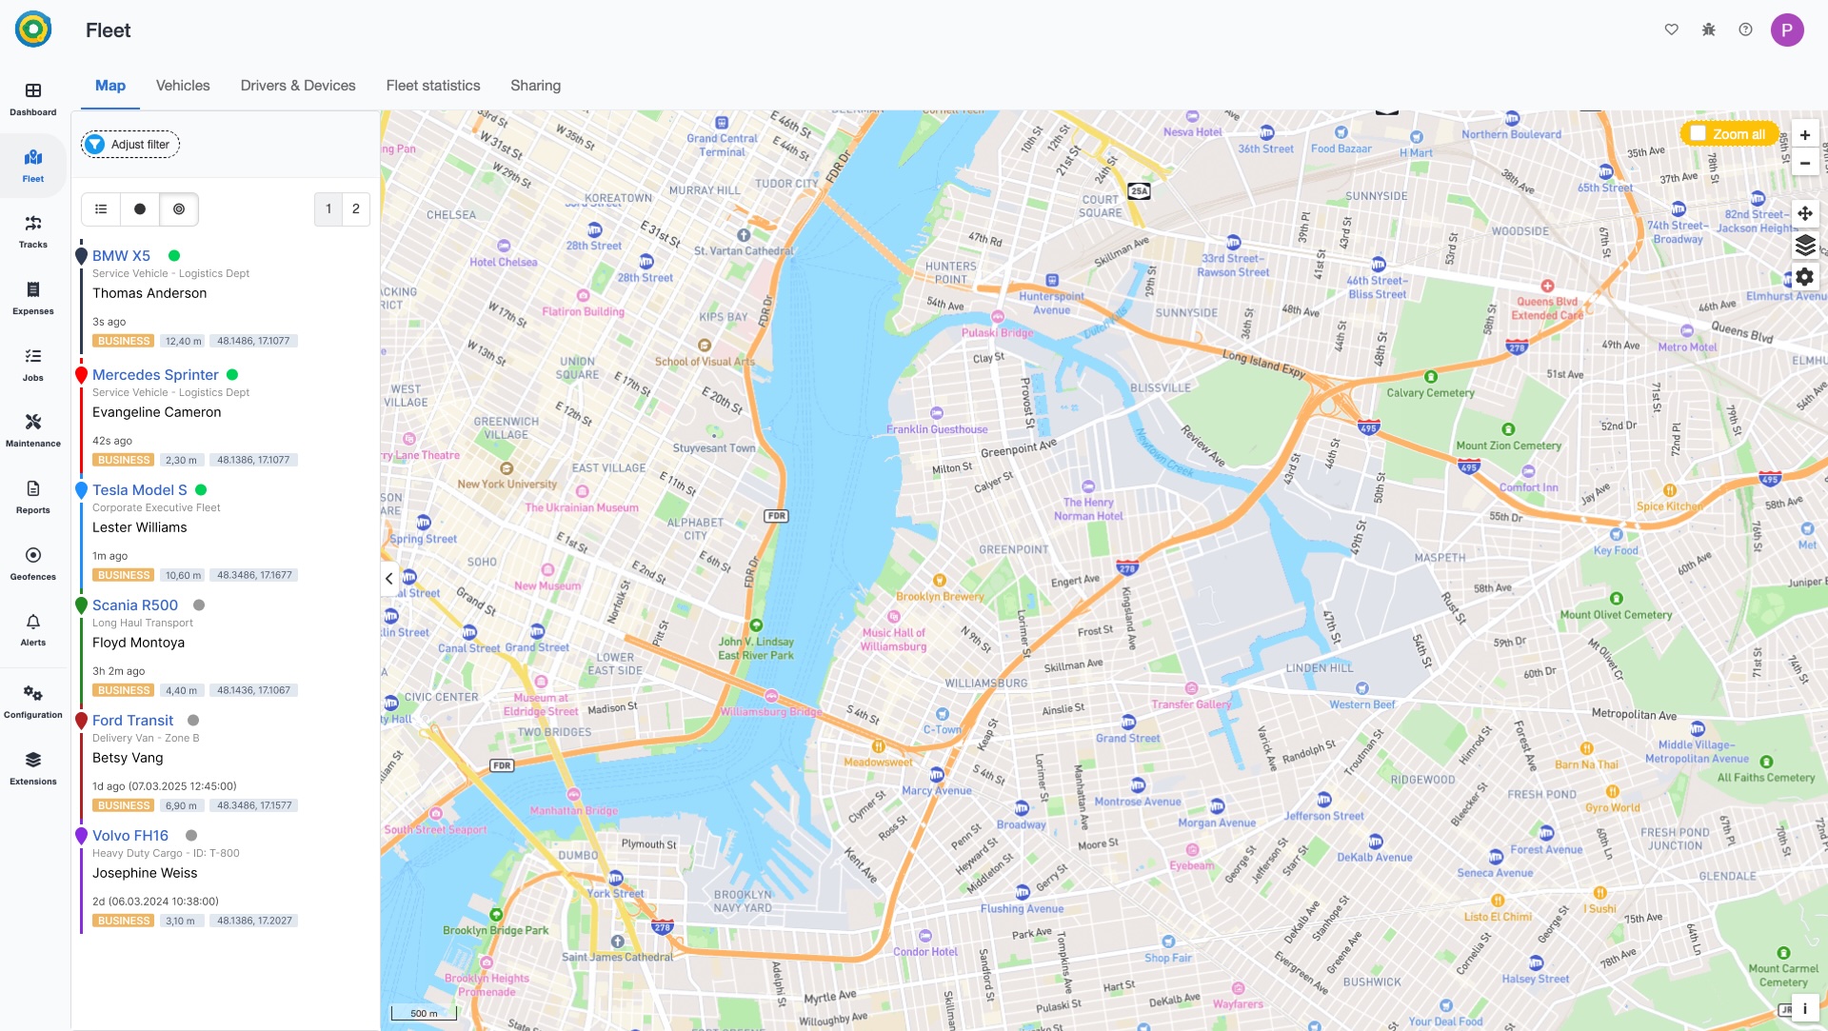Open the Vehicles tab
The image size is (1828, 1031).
183,86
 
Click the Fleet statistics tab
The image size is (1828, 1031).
433,86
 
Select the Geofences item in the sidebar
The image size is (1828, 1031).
33,563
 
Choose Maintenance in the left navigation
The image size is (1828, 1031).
33,429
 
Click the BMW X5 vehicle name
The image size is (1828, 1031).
121,256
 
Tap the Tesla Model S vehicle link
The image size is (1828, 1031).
140,490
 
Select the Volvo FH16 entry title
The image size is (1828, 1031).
130,836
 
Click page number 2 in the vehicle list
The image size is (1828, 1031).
356,209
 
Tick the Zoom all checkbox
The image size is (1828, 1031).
1699,134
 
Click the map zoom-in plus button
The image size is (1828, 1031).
1805,135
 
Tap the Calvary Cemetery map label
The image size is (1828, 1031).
1430,392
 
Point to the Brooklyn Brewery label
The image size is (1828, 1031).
940,596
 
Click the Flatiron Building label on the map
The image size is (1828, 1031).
583,311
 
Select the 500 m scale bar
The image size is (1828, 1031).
424,1013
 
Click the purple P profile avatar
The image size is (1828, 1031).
1787,30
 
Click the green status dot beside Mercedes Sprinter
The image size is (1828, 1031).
232,375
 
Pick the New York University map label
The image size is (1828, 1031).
507,484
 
